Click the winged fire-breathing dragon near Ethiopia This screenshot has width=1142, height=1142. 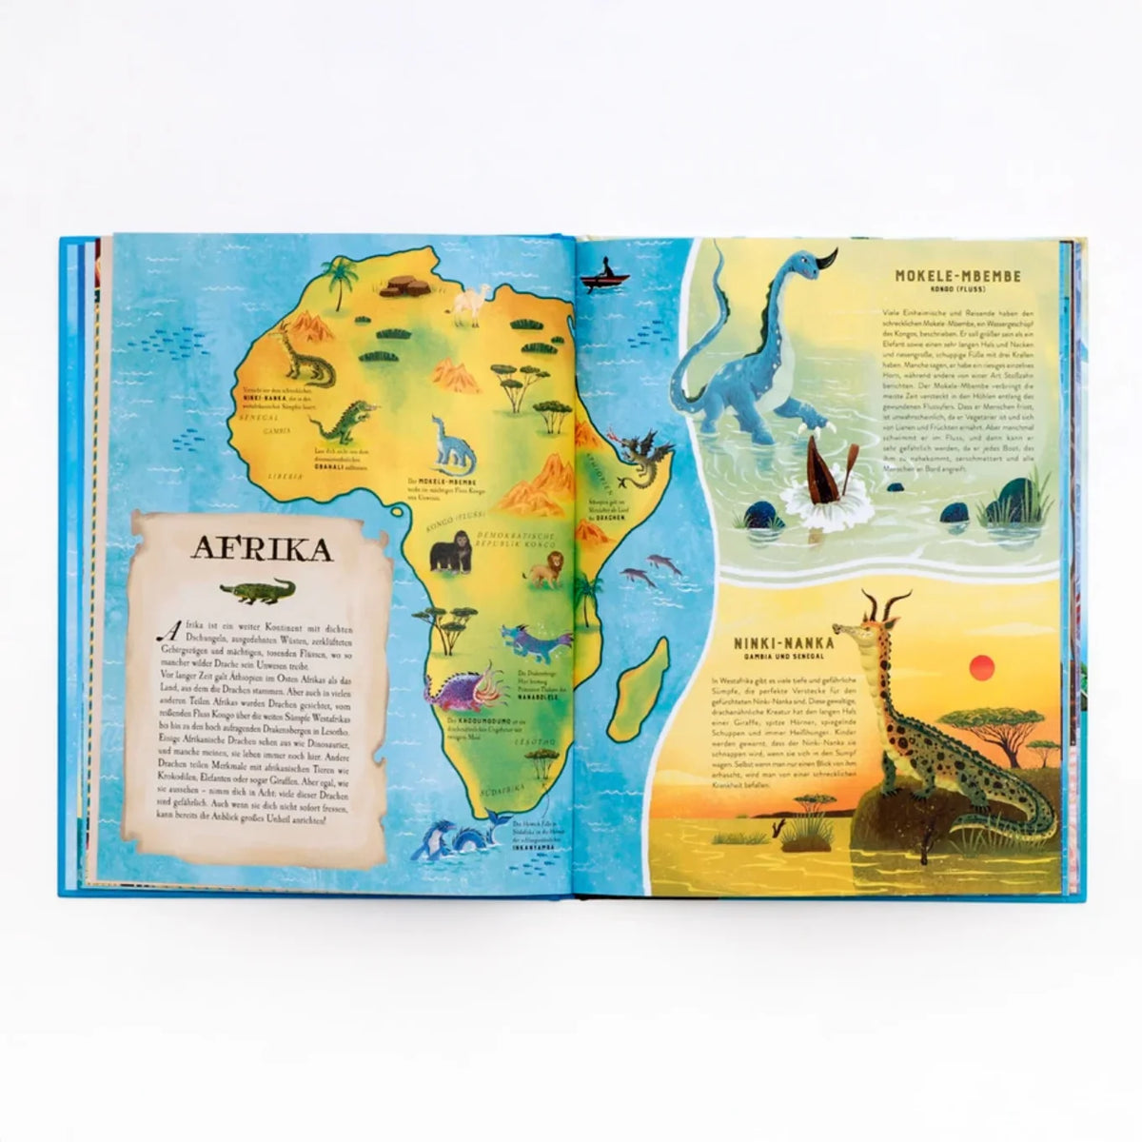tap(639, 460)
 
